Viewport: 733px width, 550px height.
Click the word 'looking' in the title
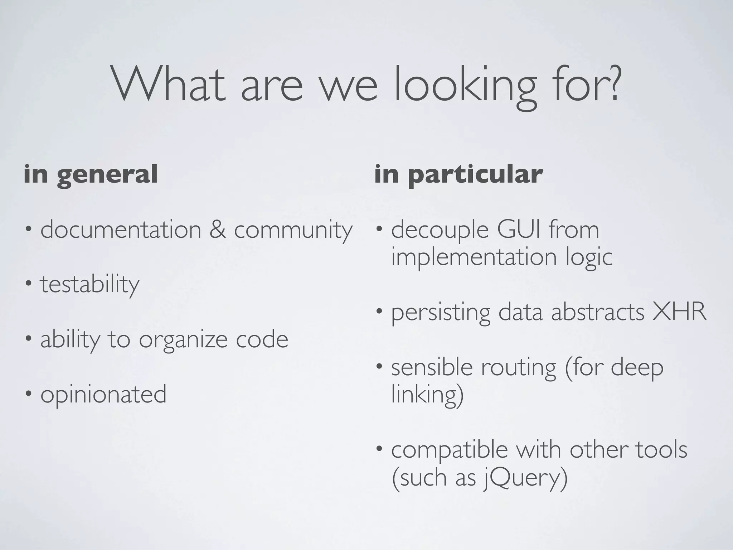pyautogui.click(x=465, y=88)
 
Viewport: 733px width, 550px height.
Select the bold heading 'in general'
pyautogui.click(x=91, y=175)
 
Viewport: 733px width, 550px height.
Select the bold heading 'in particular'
pyautogui.click(x=458, y=175)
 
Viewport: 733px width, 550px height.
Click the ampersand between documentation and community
pyautogui.click(x=218, y=230)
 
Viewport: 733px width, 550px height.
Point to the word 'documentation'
pyautogui.click(x=121, y=230)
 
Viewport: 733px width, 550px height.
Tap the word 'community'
pyautogui.click(x=293, y=231)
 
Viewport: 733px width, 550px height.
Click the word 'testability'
pyautogui.click(x=89, y=285)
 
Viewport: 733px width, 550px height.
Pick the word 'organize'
pyautogui.click(x=183, y=340)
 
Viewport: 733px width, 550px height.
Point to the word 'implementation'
pyautogui.click(x=474, y=257)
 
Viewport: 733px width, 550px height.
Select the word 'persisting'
pyautogui.click(x=441, y=313)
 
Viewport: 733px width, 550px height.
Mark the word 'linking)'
pyautogui.click(x=427, y=395)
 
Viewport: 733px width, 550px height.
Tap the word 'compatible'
pyautogui.click(x=450, y=450)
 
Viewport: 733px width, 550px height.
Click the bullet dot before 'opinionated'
pyautogui.click(x=28, y=394)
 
